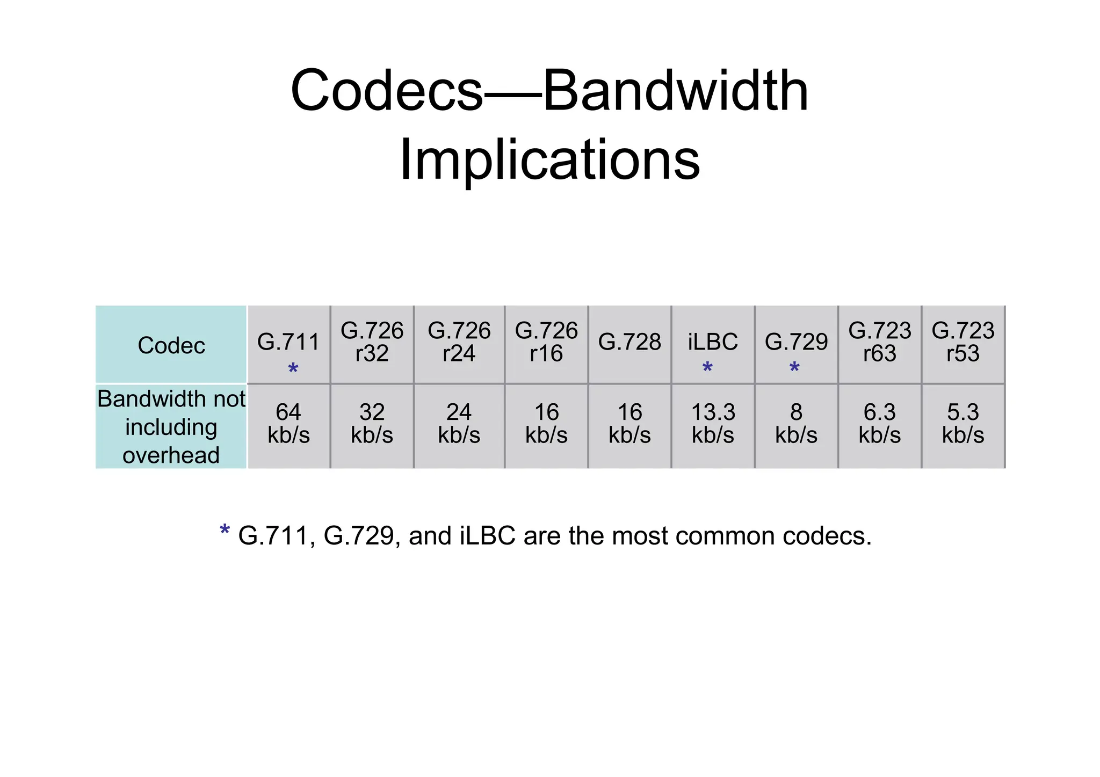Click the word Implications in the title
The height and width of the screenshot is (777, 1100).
(x=549, y=160)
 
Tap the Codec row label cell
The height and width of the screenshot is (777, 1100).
(x=171, y=345)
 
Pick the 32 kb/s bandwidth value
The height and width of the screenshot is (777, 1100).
(x=372, y=424)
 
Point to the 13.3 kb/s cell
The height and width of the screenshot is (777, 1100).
(x=713, y=424)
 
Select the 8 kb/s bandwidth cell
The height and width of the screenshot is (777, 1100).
(x=796, y=424)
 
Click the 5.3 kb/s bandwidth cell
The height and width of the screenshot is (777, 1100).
(x=962, y=424)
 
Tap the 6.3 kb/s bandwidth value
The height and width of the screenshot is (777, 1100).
(x=879, y=424)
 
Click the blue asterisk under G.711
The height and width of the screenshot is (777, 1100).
(x=293, y=369)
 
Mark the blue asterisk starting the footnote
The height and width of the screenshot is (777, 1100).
(x=225, y=531)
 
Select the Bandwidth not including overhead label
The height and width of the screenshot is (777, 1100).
(x=171, y=427)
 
